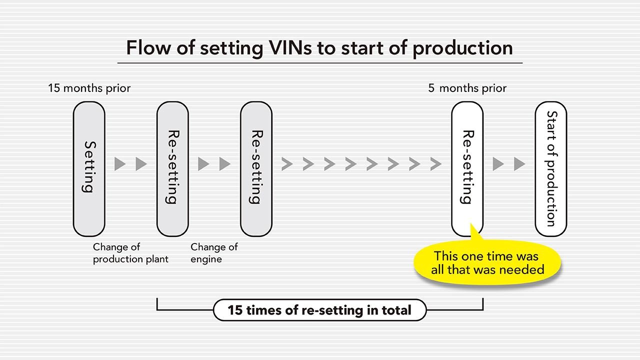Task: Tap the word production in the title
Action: (462, 48)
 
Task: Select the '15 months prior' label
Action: (89, 88)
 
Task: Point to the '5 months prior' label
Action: (467, 88)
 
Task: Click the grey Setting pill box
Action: (89, 169)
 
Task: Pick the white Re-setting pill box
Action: (467, 169)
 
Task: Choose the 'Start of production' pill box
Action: (551, 169)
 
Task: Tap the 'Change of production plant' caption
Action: (130, 253)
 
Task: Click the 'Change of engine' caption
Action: (214, 253)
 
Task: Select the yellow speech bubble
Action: (487, 263)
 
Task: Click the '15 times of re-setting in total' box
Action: (319, 310)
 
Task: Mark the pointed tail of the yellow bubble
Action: (471, 224)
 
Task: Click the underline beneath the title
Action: (320, 63)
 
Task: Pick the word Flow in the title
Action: (148, 47)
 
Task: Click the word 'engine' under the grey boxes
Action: (206, 259)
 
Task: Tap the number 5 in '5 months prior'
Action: (431, 88)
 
